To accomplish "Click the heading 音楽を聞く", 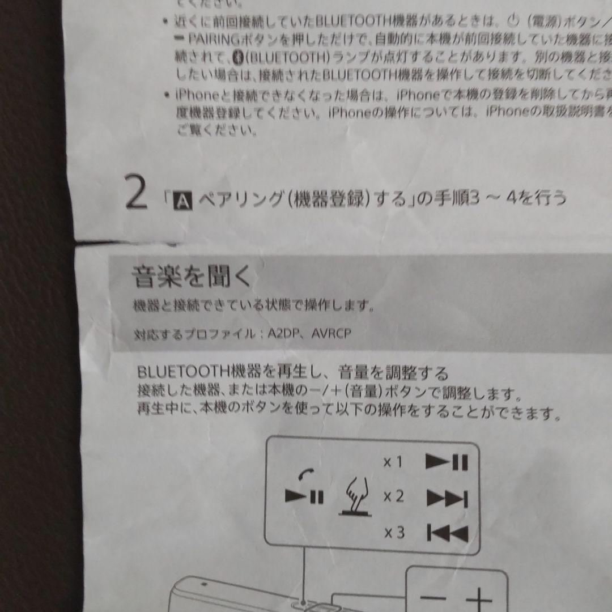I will [x=191, y=278].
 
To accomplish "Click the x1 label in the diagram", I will [x=393, y=462].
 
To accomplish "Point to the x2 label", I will [x=393, y=497].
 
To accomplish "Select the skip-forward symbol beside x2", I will [x=447, y=499].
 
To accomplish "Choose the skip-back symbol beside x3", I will [x=447, y=533].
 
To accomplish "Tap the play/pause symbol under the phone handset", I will [x=304, y=498].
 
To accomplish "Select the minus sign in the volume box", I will [x=433, y=598].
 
